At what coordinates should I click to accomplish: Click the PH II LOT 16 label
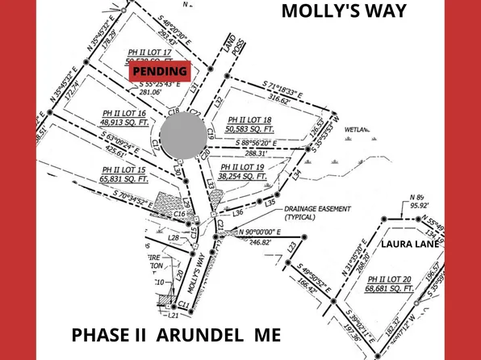point(124,113)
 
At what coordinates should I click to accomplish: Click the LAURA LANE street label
point(410,243)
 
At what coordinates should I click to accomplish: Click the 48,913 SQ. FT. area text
point(123,123)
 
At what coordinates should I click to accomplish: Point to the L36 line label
point(238,212)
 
